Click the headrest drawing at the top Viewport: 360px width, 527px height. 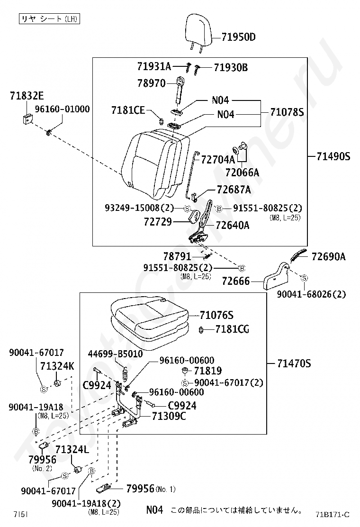199,32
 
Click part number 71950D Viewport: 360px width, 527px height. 238,37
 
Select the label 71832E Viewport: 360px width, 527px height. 27,96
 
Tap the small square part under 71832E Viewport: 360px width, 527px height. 27,118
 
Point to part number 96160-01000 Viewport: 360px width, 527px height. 63,109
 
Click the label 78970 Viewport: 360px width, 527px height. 152,83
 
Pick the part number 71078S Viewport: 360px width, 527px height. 287,112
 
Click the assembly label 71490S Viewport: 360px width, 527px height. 333,156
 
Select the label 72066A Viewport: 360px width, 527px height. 242,173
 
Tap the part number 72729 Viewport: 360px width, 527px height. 158,222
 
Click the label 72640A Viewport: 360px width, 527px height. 233,225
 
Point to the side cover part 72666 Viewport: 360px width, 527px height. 276,277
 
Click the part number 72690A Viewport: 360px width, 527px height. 328,256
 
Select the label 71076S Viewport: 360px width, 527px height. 216,315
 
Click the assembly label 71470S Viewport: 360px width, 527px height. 294,363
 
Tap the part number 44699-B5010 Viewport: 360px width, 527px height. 115,354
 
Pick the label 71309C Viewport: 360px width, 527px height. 169,416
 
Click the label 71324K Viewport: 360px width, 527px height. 57,366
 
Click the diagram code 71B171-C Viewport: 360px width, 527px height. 333,515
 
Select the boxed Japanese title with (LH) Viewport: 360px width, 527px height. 49,19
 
